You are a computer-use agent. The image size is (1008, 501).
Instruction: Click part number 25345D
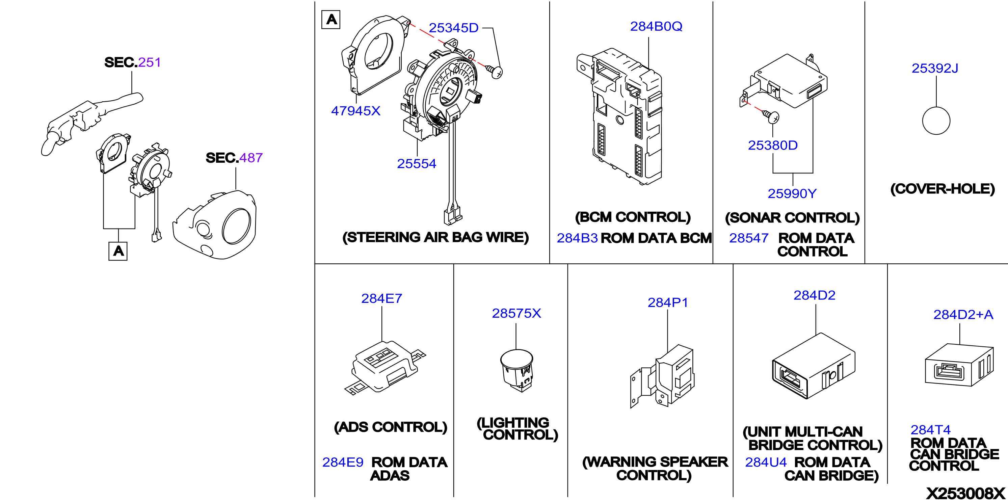pyautogui.click(x=453, y=28)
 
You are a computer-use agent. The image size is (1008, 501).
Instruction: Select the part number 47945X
pyautogui.click(x=356, y=111)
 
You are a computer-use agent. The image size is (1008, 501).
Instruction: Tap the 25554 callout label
pyautogui.click(x=417, y=164)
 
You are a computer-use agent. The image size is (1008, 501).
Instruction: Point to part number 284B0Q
pyautogui.click(x=656, y=26)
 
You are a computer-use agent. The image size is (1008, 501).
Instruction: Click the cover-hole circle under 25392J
pyautogui.click(x=936, y=121)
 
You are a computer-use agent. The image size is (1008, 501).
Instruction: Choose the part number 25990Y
pyautogui.click(x=792, y=193)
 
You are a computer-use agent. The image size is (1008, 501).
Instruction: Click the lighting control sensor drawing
pyautogui.click(x=516, y=370)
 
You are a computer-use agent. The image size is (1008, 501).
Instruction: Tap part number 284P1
pyautogui.click(x=668, y=302)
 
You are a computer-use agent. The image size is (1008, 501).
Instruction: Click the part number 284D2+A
pyautogui.click(x=963, y=314)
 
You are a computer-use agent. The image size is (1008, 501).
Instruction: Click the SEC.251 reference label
pyautogui.click(x=133, y=62)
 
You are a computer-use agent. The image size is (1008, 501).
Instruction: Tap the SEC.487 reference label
pyautogui.click(x=234, y=158)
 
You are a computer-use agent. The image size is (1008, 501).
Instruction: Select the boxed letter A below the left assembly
pyautogui.click(x=118, y=251)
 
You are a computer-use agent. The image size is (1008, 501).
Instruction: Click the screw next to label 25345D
pyautogui.click(x=495, y=71)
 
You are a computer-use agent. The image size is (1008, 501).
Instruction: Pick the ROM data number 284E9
pyautogui.click(x=343, y=462)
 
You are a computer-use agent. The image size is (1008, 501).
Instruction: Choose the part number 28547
pyautogui.click(x=748, y=238)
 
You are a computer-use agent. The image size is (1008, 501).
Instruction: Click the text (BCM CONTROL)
pyautogui.click(x=633, y=217)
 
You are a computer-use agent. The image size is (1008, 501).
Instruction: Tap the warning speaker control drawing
pyautogui.click(x=662, y=376)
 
